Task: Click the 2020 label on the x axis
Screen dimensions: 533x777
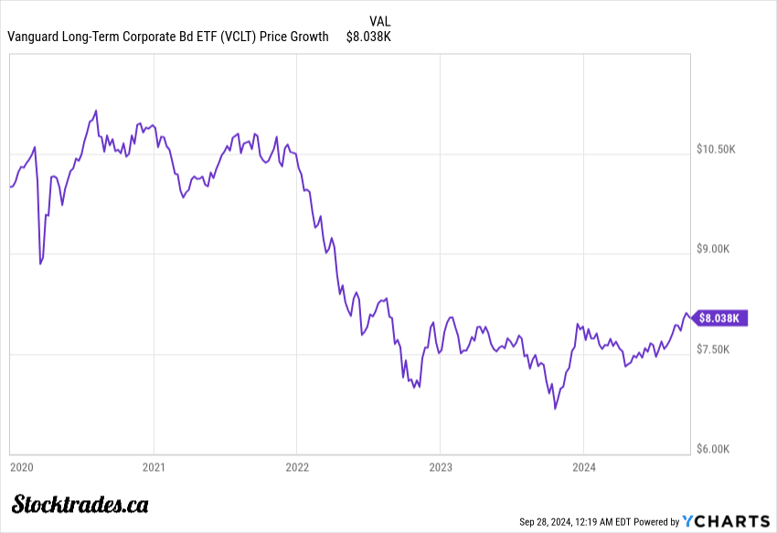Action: pyautogui.click(x=21, y=467)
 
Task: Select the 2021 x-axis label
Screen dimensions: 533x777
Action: pyautogui.click(x=154, y=467)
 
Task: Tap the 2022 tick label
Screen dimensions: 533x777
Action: pyautogui.click(x=297, y=467)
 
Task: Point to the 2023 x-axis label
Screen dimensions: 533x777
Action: pyautogui.click(x=441, y=467)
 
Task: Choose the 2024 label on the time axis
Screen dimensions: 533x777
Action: pyautogui.click(x=584, y=467)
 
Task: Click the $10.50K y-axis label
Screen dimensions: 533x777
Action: pyautogui.click(x=716, y=149)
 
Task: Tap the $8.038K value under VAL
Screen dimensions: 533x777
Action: pyautogui.click(x=368, y=37)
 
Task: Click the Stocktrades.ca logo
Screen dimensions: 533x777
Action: pyautogui.click(x=80, y=504)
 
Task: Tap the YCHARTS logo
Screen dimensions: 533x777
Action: pyautogui.click(x=727, y=521)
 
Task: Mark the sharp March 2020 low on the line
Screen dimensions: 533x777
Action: pyautogui.click(x=40, y=264)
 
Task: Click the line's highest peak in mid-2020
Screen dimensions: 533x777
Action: pyautogui.click(x=96, y=111)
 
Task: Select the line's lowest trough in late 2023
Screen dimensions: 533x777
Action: pyautogui.click(x=555, y=409)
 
